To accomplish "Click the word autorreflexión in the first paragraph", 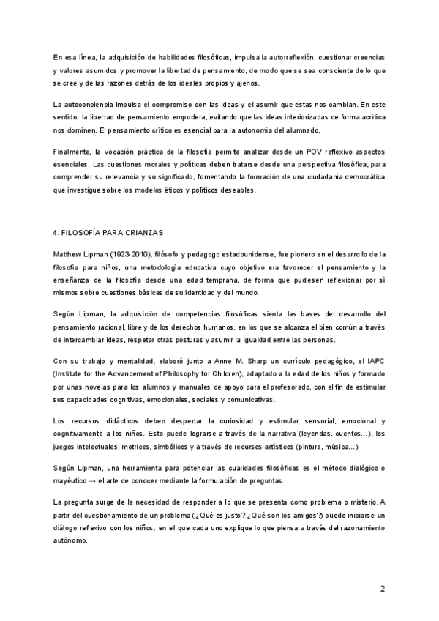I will click(x=268, y=56).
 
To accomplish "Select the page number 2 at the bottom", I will click(x=382, y=589).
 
